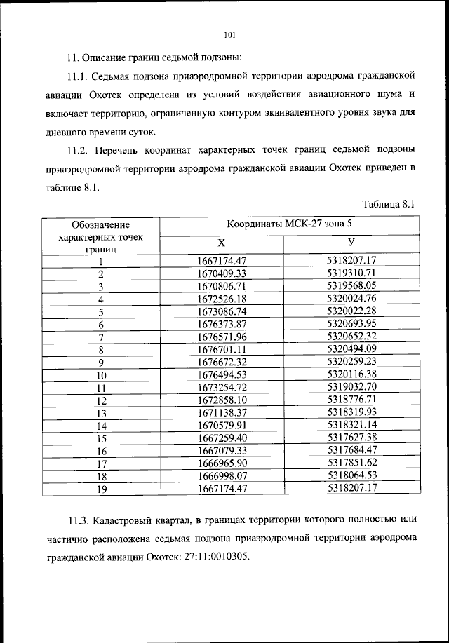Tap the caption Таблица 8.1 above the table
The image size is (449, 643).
pos(389,204)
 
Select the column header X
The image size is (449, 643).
pos(221,243)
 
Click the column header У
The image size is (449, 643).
pos(351,243)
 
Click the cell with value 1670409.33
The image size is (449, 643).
pos(222,273)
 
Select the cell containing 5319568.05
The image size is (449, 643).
pos(352,286)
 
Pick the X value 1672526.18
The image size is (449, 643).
pos(222,299)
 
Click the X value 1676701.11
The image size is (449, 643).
pos(222,350)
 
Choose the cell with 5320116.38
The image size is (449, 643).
pos(352,375)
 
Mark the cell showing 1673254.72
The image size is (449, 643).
pos(222,388)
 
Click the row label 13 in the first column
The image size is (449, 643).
pos(101,414)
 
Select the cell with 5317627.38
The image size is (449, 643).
pos(352,438)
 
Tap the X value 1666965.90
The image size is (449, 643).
pos(222,464)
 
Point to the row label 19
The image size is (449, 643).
pos(101,490)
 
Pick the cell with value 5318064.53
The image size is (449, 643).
pos(352,477)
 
